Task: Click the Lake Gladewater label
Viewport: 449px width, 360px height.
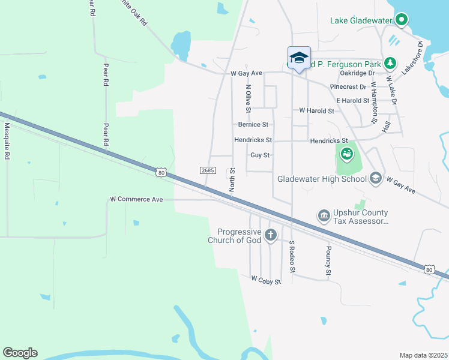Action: point(360,21)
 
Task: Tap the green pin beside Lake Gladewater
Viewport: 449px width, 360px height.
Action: point(401,20)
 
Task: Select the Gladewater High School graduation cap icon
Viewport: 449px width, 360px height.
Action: point(375,178)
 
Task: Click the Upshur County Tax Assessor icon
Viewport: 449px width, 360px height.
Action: point(324,215)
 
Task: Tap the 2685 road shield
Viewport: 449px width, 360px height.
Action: point(208,171)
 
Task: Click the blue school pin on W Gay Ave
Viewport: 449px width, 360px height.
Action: point(299,58)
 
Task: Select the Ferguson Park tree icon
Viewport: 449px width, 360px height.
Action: point(390,62)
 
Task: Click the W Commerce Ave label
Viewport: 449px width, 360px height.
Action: point(137,199)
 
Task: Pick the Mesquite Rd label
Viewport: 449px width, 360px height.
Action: point(7,141)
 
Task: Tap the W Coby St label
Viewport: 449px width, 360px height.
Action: point(266,280)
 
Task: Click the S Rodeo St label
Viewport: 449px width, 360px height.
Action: point(292,257)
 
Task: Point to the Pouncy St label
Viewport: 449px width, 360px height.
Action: point(328,261)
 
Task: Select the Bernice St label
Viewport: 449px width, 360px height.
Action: point(253,125)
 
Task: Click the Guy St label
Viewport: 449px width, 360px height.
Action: point(261,155)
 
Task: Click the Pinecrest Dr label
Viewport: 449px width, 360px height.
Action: point(348,87)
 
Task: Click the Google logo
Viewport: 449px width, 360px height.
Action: point(20,353)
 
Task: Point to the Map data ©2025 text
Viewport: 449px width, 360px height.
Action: point(423,355)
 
